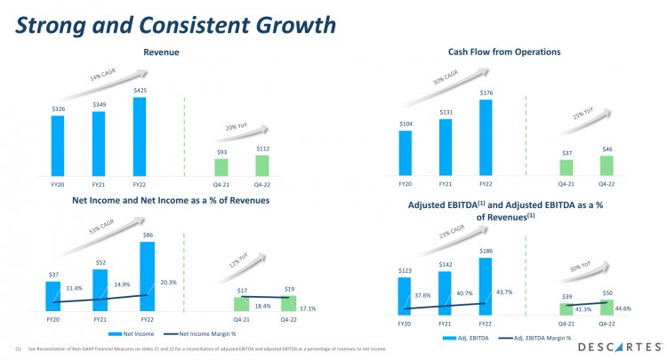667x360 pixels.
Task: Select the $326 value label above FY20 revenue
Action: click(x=58, y=108)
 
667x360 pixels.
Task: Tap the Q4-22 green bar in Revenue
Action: click(x=262, y=165)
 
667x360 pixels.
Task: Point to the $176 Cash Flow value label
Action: click(x=486, y=92)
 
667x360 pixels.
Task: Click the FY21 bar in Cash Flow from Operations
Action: click(x=446, y=147)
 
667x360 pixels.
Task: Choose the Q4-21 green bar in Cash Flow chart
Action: click(x=566, y=167)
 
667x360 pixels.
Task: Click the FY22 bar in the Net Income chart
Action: click(x=147, y=276)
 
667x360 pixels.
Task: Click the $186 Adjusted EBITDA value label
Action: click(x=485, y=251)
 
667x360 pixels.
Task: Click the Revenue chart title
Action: click(x=162, y=53)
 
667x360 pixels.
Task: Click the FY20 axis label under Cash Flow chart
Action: click(x=406, y=183)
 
